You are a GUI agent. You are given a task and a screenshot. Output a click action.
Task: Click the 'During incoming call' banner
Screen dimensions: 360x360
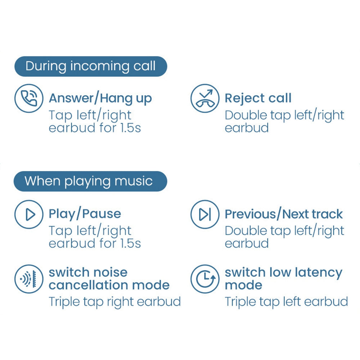tap(91, 66)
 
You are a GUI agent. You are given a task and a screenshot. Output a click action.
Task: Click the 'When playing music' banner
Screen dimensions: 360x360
tap(90, 181)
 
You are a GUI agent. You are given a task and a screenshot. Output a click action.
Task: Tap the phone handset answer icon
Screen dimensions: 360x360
tap(29, 98)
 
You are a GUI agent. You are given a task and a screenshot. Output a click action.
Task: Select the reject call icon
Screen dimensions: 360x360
tap(205, 98)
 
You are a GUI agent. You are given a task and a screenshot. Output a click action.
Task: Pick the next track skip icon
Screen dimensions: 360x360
tap(205, 215)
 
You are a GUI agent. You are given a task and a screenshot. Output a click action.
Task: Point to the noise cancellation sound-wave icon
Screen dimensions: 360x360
tap(29, 279)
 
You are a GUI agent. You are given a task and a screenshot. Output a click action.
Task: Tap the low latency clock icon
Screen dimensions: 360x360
tap(205, 279)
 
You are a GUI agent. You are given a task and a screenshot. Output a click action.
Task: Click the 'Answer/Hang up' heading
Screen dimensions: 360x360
tap(100, 99)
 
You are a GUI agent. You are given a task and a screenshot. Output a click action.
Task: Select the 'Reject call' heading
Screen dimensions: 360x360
tap(258, 98)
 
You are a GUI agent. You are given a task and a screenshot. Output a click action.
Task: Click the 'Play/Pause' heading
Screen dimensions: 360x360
tap(85, 214)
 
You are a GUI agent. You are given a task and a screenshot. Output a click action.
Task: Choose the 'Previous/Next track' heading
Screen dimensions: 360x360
tap(284, 214)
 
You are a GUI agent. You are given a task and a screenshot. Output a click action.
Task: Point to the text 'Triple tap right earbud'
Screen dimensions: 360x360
tap(115, 302)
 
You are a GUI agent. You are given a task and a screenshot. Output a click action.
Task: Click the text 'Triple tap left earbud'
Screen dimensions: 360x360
tap(286, 302)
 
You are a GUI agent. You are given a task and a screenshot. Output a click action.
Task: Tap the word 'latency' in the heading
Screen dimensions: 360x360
tap(319, 273)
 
